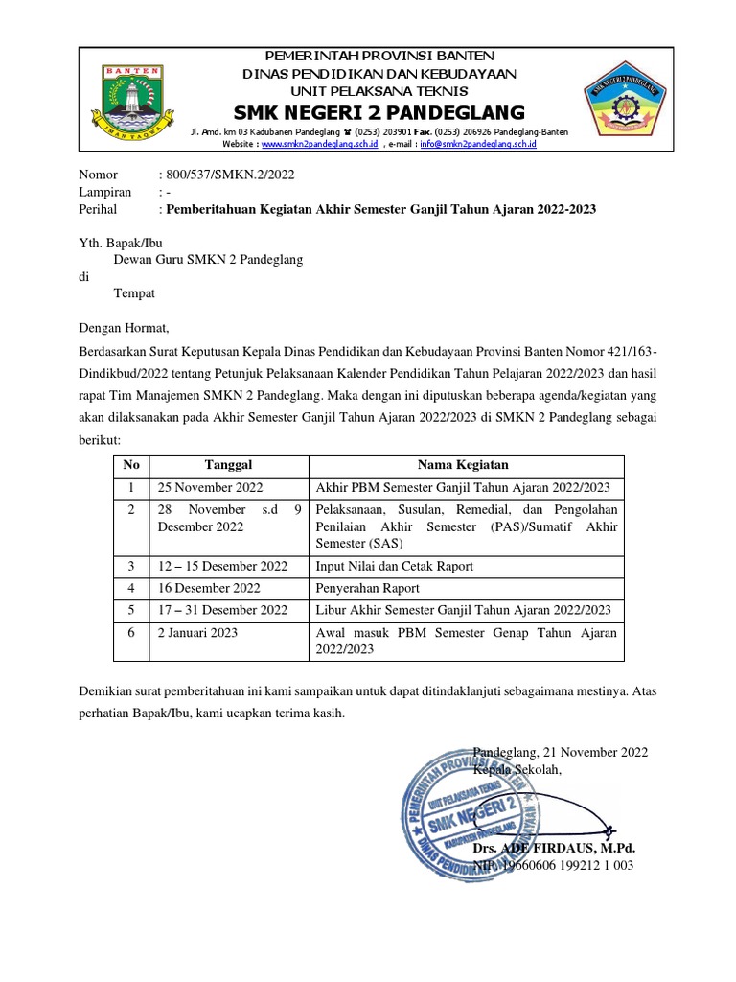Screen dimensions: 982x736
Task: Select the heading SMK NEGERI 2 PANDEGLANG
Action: coord(380,109)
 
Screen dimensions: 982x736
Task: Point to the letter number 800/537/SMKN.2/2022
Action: coord(218,175)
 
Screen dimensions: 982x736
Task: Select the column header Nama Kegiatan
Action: coord(463,464)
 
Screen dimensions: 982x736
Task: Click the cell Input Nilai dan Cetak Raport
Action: coord(389,566)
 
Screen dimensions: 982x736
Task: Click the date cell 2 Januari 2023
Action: coord(196,633)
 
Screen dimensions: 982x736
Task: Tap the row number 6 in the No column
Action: coord(131,633)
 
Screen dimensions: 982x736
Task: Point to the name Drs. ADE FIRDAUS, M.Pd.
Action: coord(554,849)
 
